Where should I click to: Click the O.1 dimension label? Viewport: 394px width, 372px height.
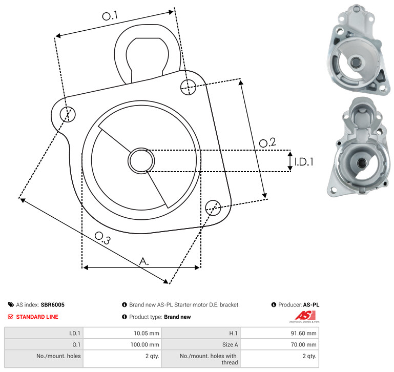coord(110,15)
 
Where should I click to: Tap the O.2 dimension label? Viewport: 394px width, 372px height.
coord(267,142)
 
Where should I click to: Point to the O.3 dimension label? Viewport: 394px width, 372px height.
coord(102,238)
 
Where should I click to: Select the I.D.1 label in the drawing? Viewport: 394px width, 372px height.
coord(304,162)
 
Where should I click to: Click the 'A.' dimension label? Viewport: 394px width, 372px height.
coord(144,261)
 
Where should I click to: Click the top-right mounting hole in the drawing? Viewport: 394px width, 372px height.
coord(188,87)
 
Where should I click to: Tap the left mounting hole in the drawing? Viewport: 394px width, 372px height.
coord(68,114)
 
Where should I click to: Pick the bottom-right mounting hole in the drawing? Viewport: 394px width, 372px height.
coord(213,208)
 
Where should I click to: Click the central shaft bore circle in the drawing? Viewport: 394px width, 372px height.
coord(141,160)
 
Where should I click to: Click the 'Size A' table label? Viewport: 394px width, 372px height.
coord(230,345)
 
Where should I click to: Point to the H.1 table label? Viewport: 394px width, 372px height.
coord(234,333)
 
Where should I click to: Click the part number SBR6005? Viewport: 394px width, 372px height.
coord(53,305)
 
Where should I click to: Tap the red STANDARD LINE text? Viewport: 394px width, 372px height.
coord(37,317)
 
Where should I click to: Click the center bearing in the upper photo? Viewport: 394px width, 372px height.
coord(355,62)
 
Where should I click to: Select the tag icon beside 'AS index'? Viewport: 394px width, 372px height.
coord(11,305)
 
